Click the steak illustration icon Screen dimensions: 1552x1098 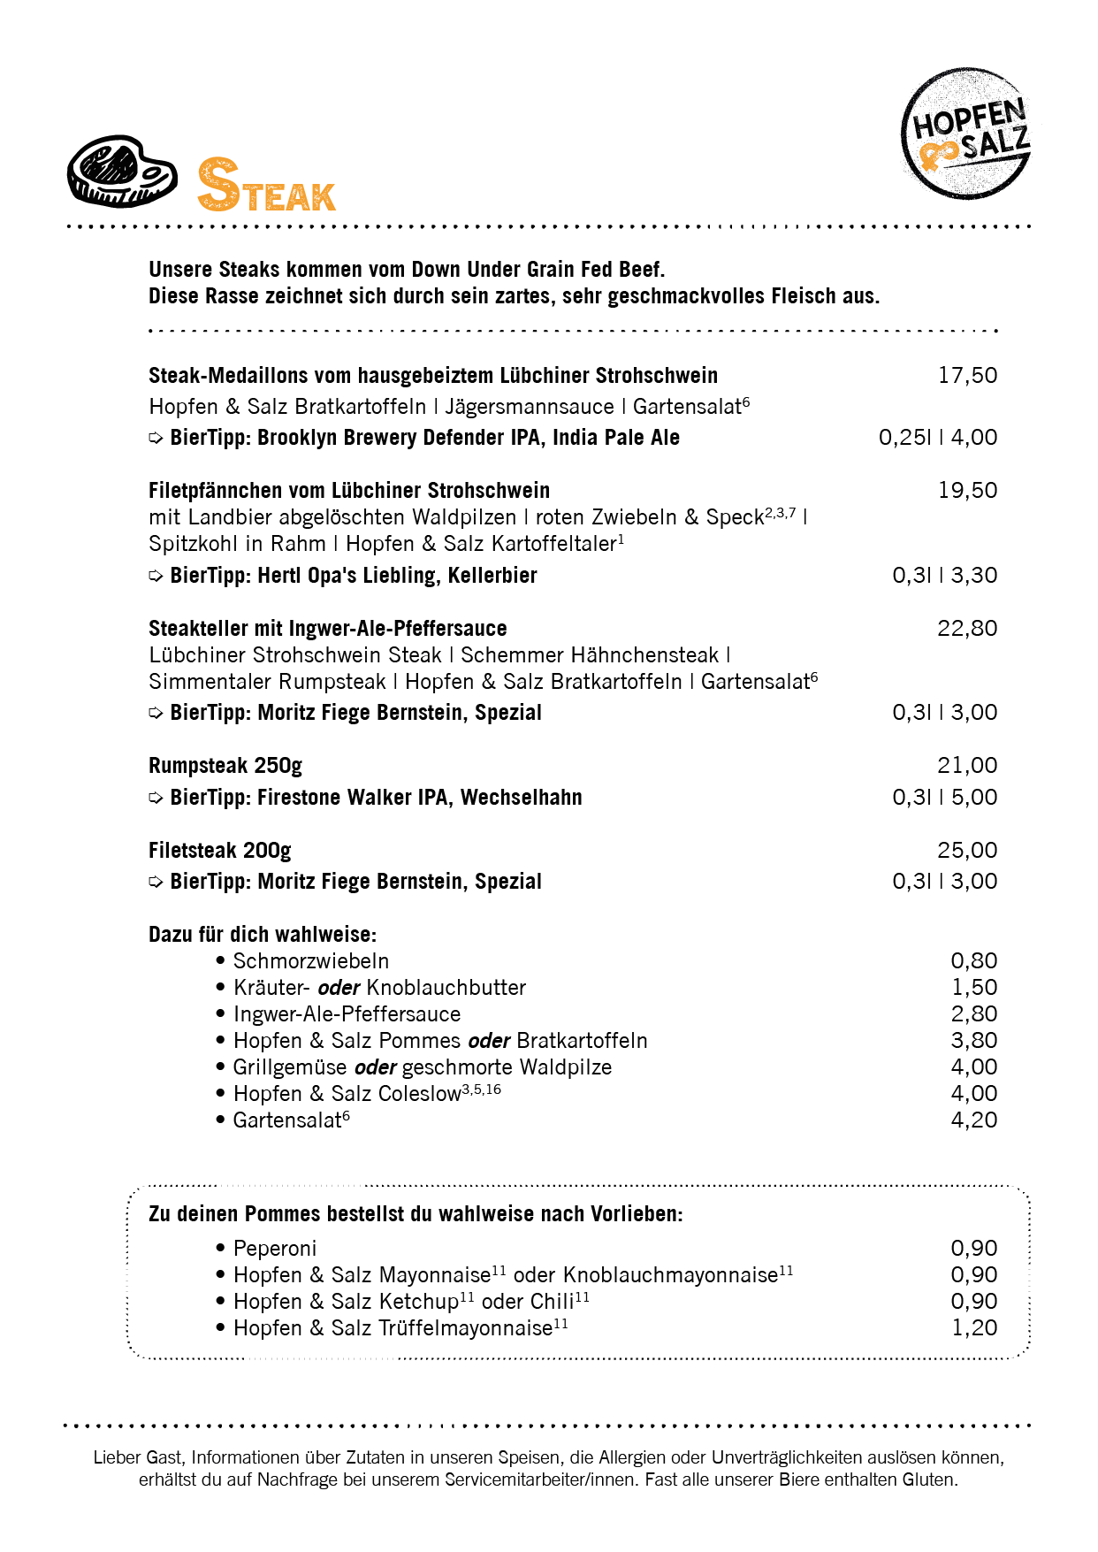tap(122, 172)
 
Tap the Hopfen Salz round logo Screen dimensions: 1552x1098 tap(965, 134)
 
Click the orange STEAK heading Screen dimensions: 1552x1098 tap(266, 187)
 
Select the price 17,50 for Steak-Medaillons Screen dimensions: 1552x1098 tap(967, 376)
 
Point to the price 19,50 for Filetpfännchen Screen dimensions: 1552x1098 tap(967, 491)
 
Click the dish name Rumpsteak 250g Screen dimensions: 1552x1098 tap(225, 766)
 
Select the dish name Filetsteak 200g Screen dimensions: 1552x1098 tap(220, 851)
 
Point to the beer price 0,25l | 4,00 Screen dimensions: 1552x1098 tap(937, 438)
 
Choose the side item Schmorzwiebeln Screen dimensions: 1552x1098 tap(310, 961)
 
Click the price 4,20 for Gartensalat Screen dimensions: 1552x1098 tap(973, 1120)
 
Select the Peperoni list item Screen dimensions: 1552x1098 tap(274, 1249)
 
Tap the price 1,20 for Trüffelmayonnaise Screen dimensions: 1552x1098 tap(973, 1328)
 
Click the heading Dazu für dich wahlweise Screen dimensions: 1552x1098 tap(263, 935)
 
